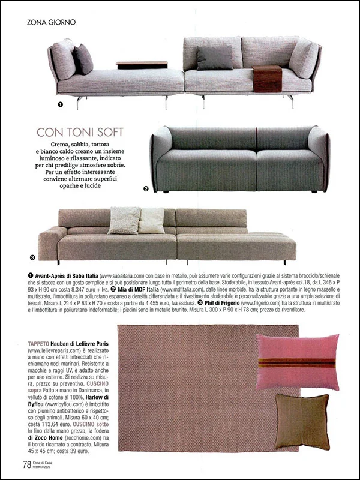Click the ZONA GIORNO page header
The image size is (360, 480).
tap(52, 22)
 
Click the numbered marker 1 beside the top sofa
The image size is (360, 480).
tap(60, 104)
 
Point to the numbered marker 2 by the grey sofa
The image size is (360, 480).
tap(146, 188)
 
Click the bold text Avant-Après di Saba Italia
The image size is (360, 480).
tap(64, 274)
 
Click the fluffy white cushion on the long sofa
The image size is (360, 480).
tap(124, 220)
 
